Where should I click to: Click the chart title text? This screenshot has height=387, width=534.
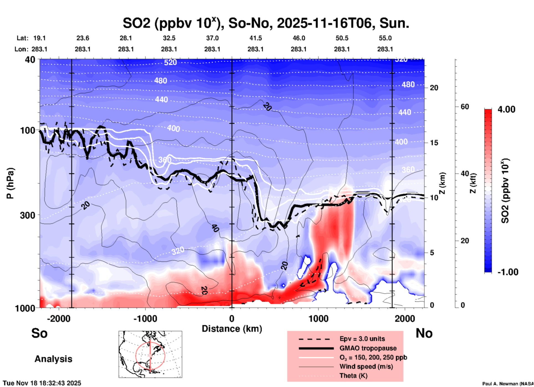[x=266, y=23]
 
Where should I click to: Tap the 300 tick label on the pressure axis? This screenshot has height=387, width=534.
[x=27, y=215]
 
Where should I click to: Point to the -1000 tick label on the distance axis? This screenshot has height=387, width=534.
[x=145, y=319]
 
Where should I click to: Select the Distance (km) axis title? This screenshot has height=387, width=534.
[x=232, y=329]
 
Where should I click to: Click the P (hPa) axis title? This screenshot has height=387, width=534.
[x=10, y=183]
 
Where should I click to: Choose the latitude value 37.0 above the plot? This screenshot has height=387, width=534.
[x=212, y=38]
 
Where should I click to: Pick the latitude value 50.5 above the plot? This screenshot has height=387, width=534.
[x=342, y=38]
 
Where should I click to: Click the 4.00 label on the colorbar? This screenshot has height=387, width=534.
[x=506, y=109]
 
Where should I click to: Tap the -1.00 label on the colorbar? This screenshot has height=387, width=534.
[x=508, y=272]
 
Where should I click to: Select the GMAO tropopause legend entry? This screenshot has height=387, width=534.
[x=368, y=348]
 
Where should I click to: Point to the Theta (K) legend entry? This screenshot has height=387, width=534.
[x=354, y=376]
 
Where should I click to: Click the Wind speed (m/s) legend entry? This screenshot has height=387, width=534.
[x=366, y=366]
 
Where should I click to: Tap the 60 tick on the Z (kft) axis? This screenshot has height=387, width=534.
[x=465, y=107]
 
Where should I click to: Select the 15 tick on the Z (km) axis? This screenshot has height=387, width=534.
[x=434, y=143]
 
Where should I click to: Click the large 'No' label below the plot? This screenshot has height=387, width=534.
[x=424, y=333]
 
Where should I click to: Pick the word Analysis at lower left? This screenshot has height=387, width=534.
[x=53, y=359]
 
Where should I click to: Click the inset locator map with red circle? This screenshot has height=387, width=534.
[x=150, y=354]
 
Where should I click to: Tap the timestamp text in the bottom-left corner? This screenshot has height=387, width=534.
[x=42, y=383]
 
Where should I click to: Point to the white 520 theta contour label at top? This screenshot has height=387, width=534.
[x=170, y=62]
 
